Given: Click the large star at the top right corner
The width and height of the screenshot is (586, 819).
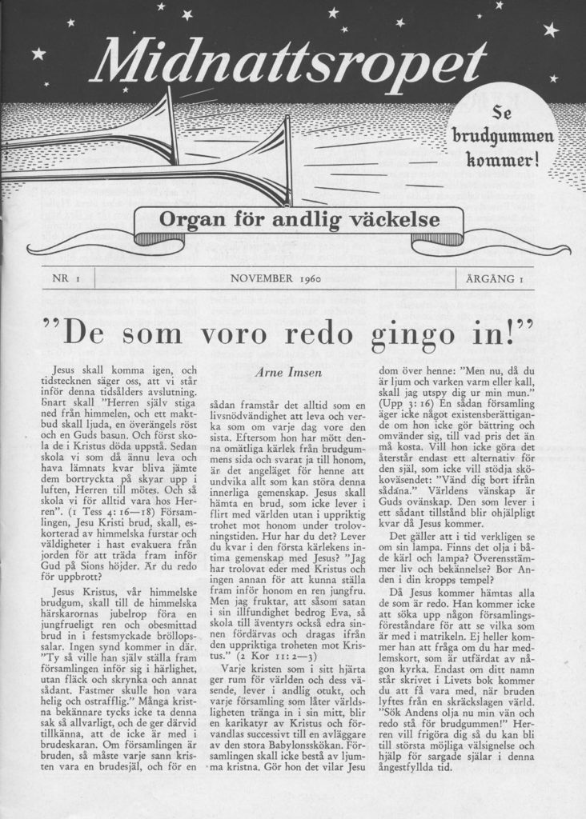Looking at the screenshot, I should [551, 30].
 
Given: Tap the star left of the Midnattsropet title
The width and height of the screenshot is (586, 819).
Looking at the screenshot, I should [38, 54].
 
